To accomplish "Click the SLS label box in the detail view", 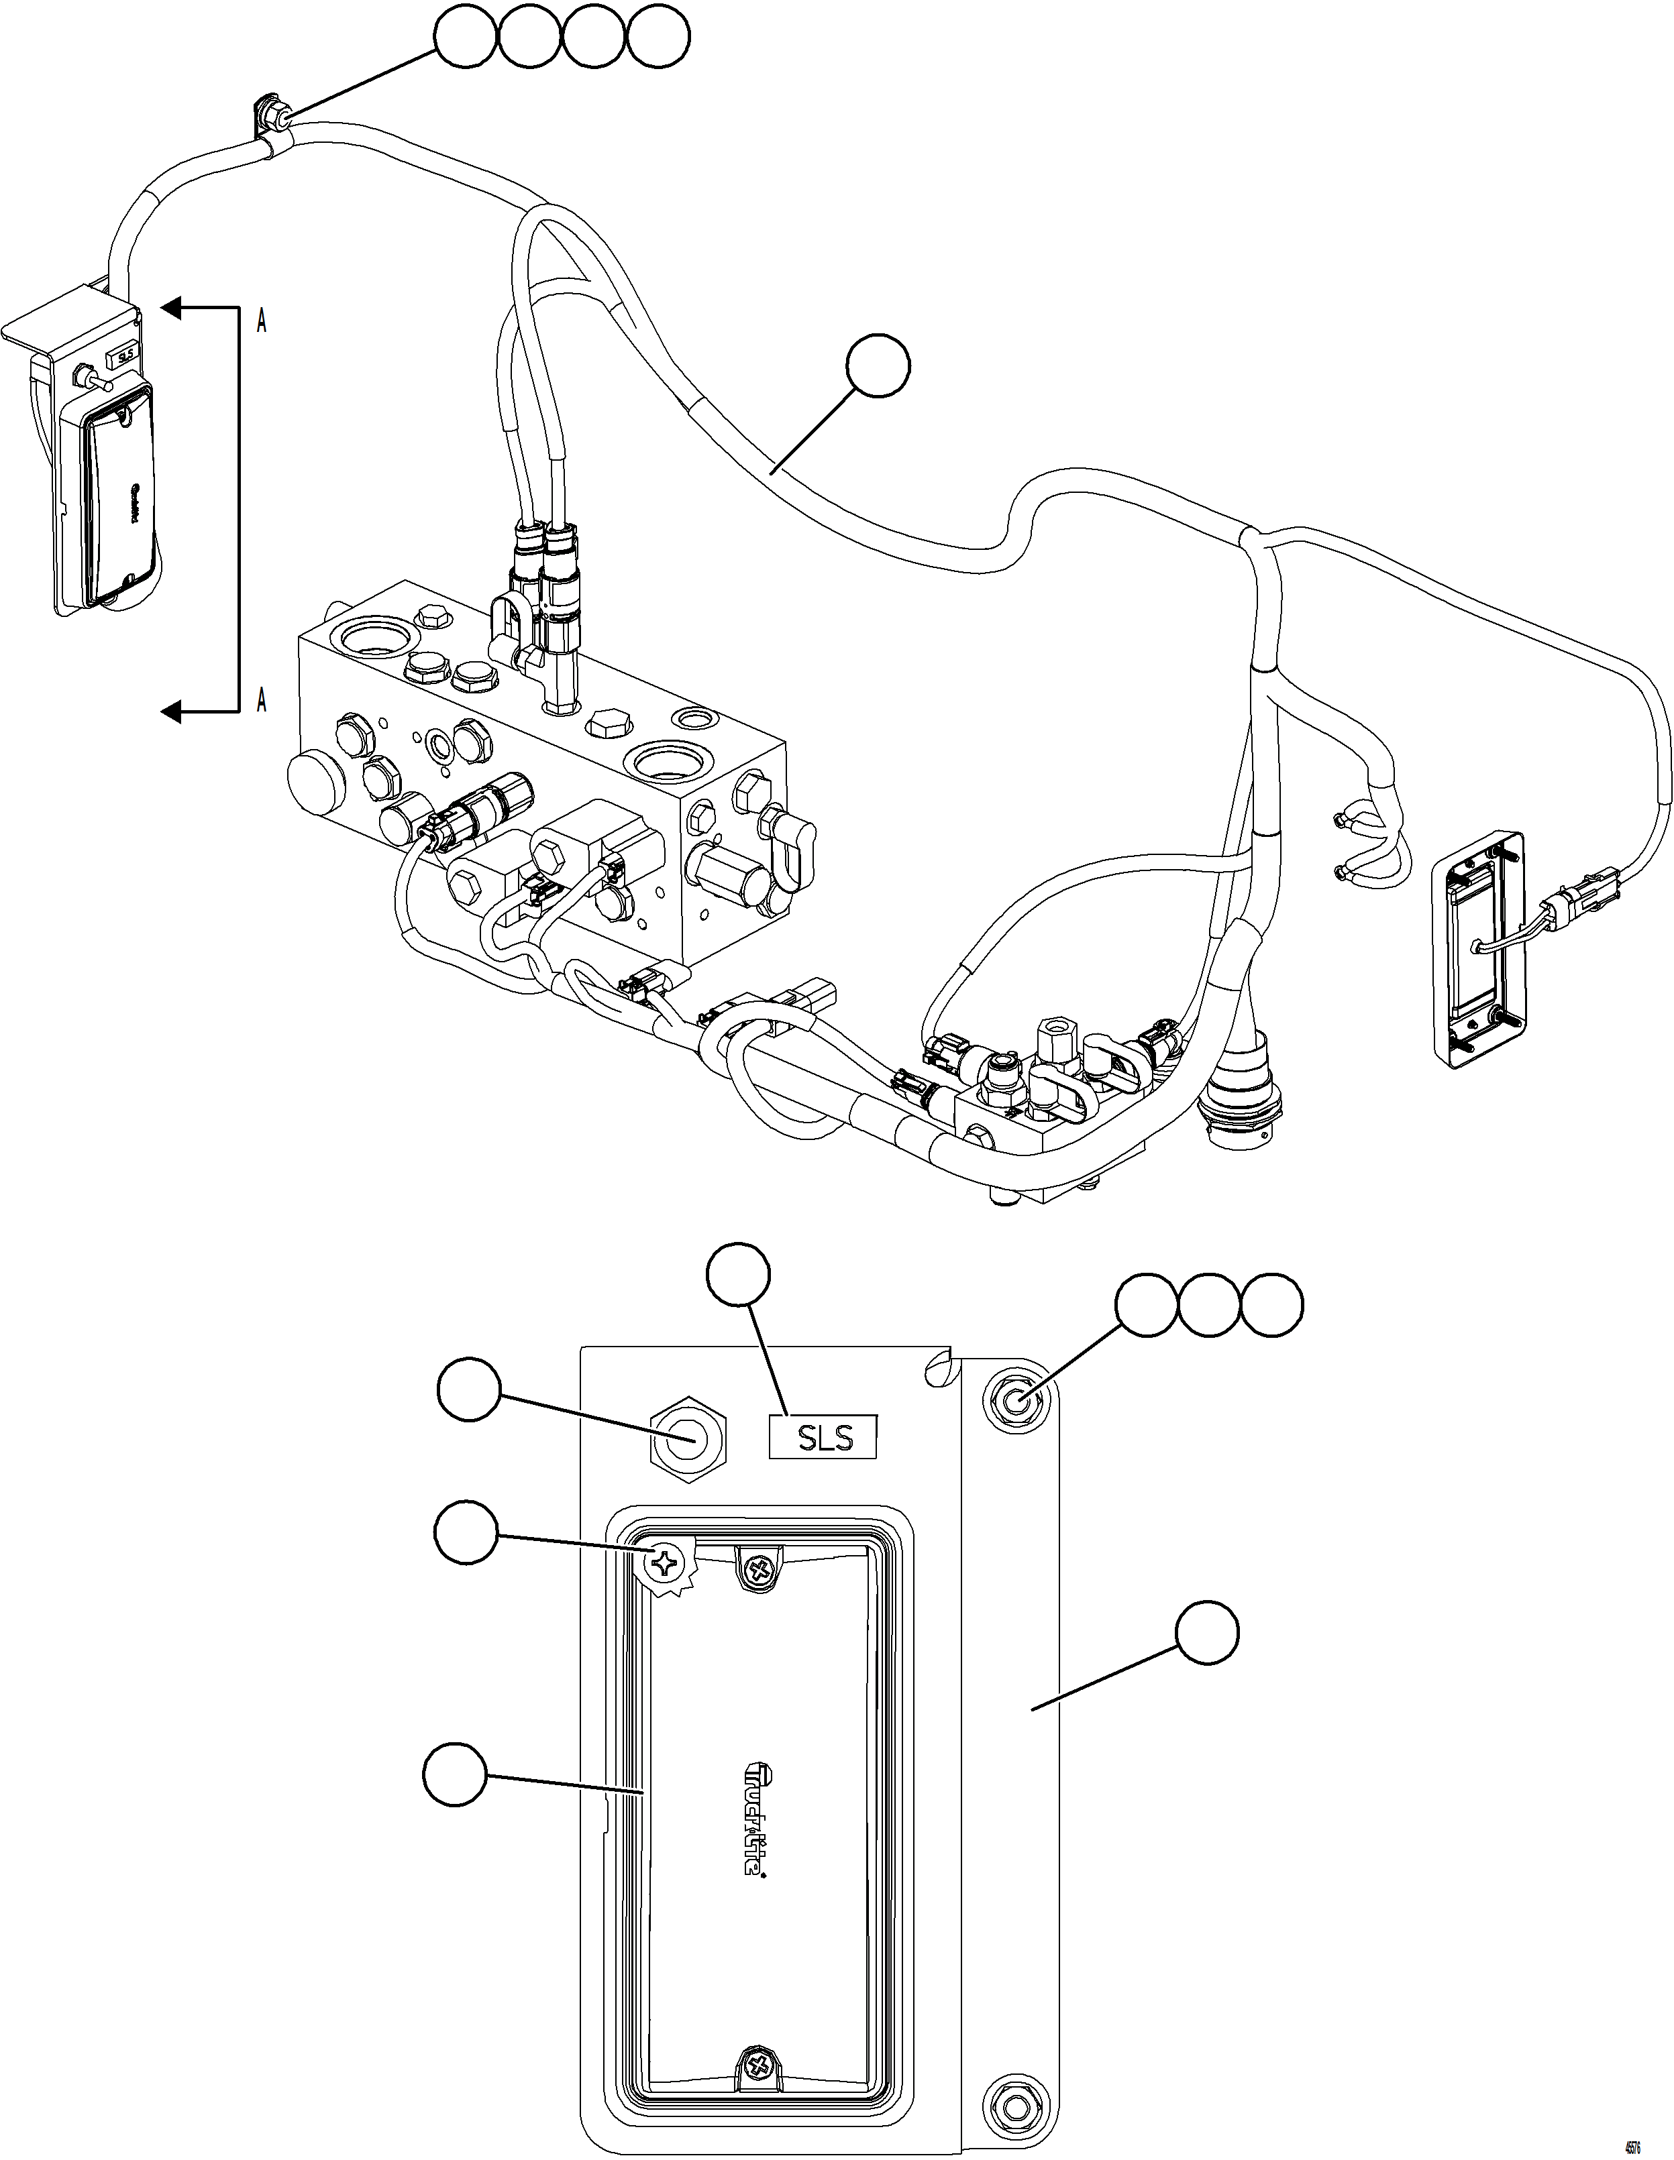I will pos(824,1436).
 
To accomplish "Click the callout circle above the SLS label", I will pos(739,1277).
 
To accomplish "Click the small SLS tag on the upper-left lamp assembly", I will pos(123,356).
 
